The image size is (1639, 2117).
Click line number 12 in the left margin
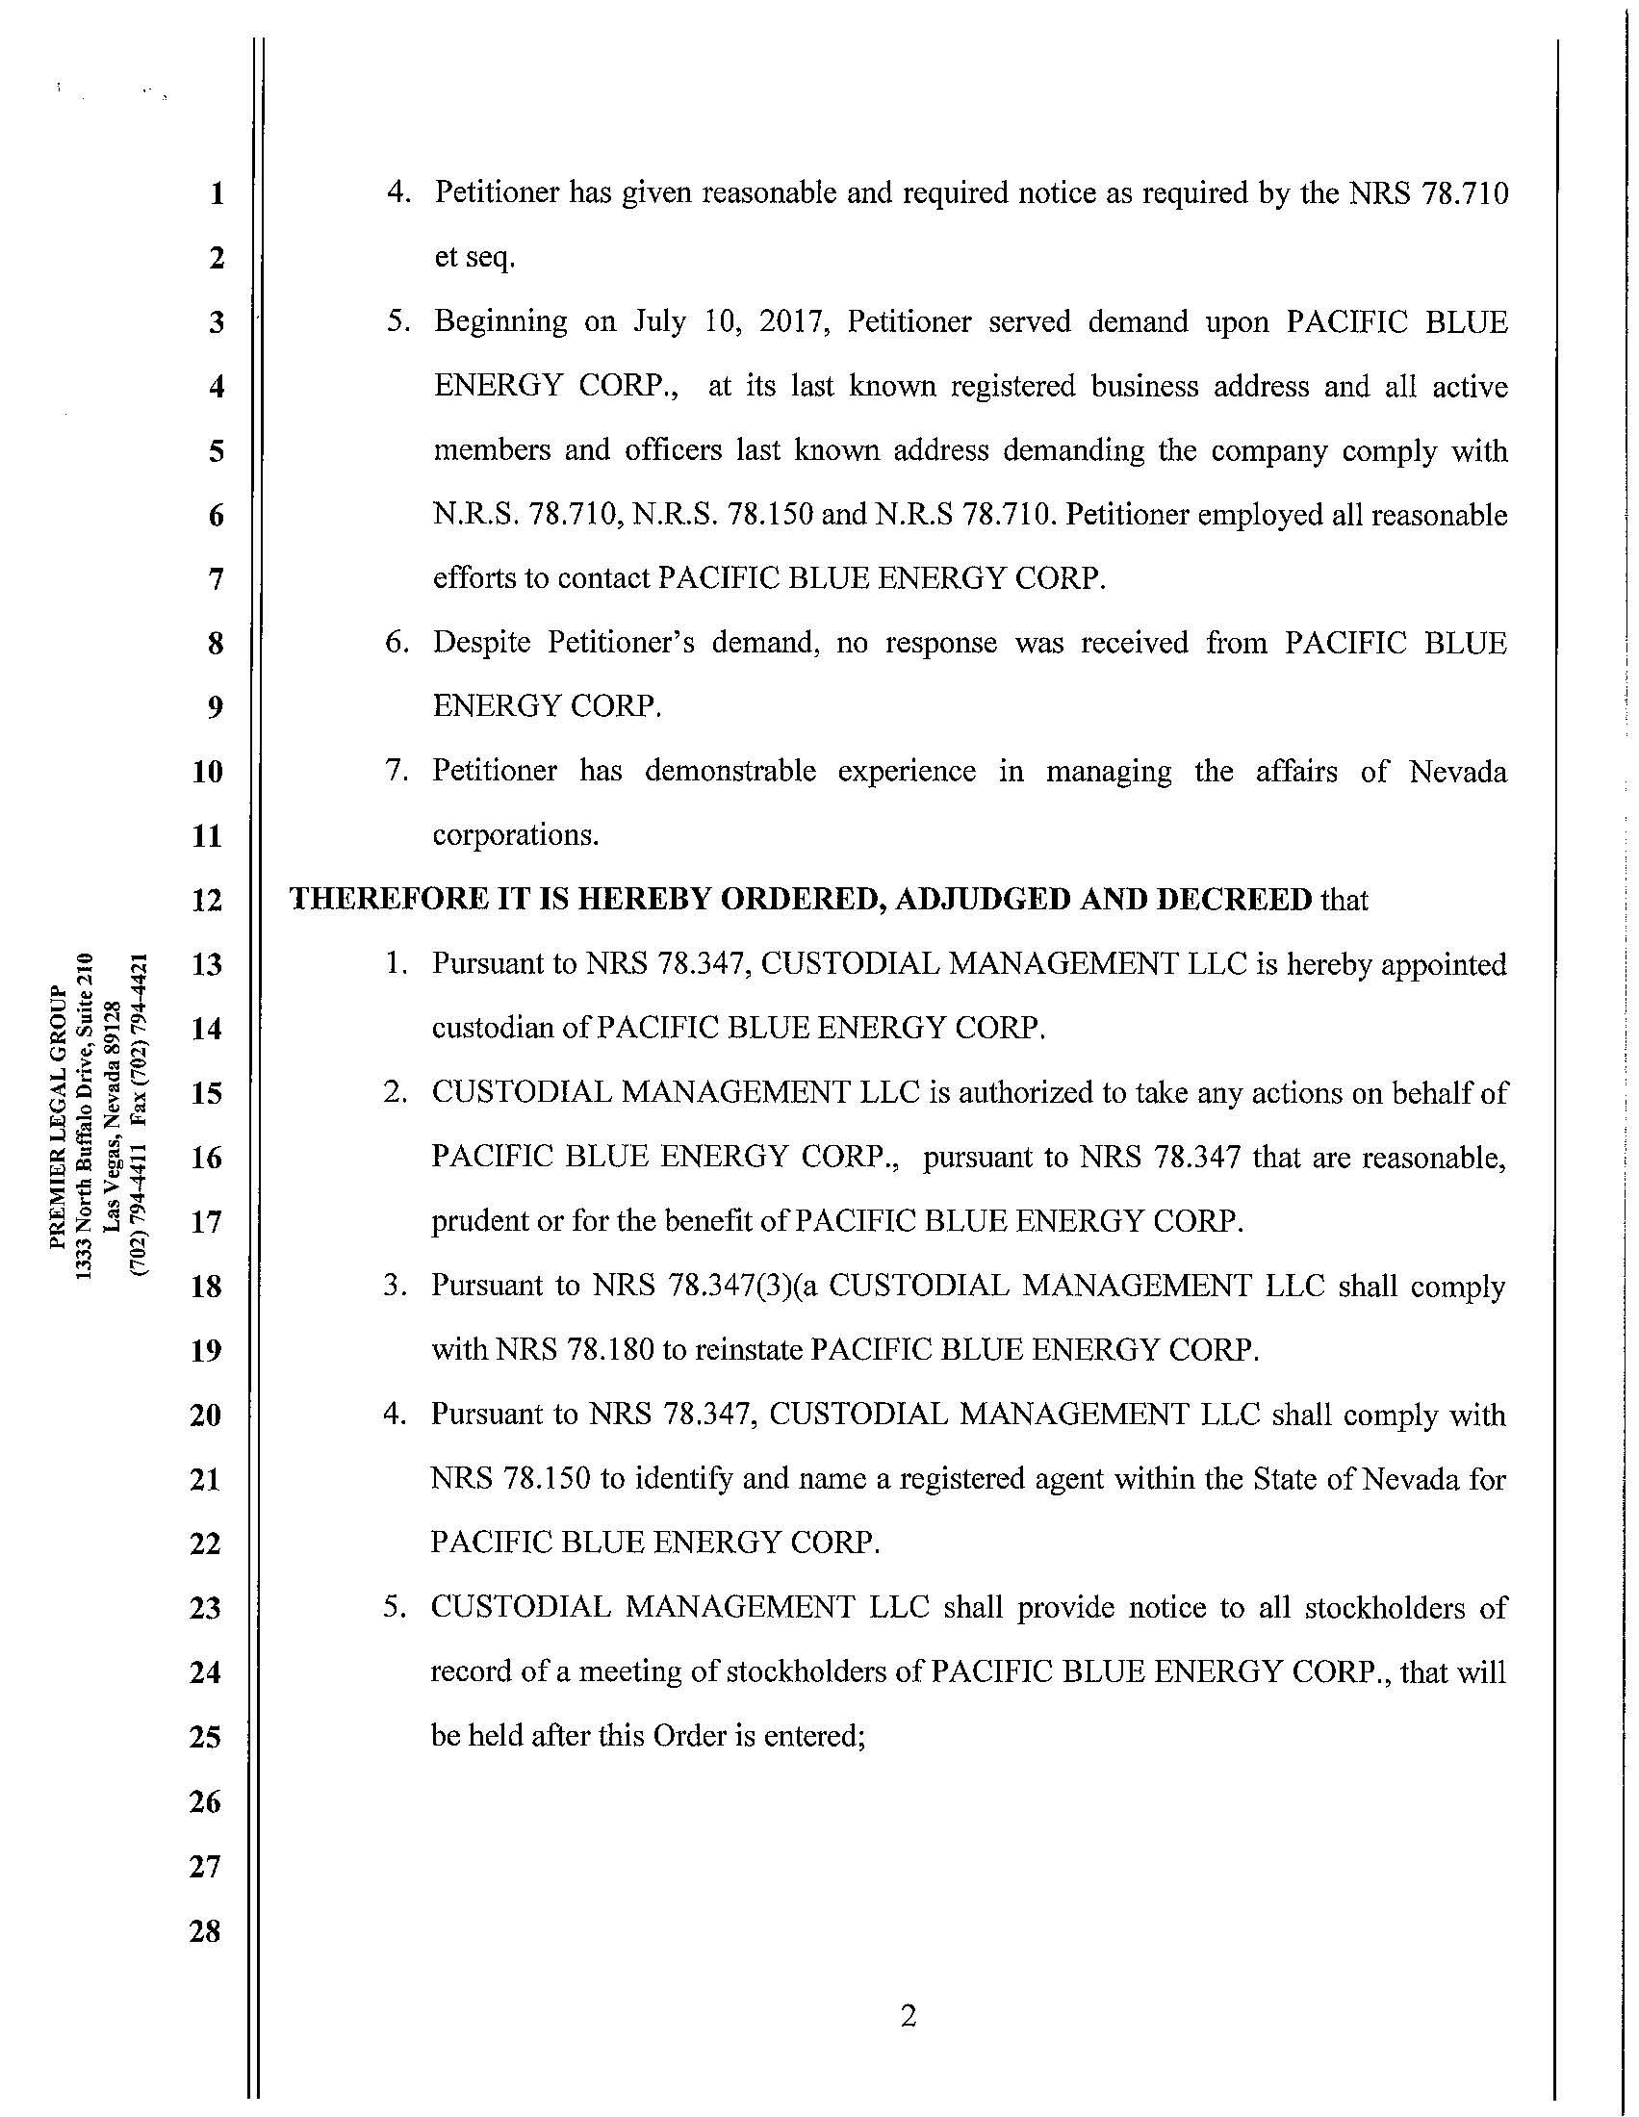pyautogui.click(x=207, y=900)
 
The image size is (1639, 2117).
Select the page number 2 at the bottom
pyautogui.click(x=908, y=2016)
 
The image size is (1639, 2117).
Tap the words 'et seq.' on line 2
pyautogui.click(x=474, y=258)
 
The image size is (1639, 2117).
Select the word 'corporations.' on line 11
pyautogui.click(x=516, y=834)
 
